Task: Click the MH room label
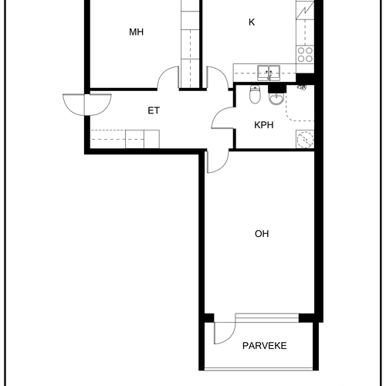[136, 32]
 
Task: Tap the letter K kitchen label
[252, 22]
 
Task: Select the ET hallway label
[154, 110]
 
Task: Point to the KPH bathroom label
[263, 125]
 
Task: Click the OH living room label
[262, 234]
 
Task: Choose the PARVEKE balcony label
[265, 346]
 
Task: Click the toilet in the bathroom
[255, 94]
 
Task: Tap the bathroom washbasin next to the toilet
[276, 99]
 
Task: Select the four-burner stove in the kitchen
[305, 55]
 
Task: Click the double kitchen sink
[269, 73]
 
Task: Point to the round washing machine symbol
[305, 139]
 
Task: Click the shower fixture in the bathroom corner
[302, 87]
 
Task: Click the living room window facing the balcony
[267, 317]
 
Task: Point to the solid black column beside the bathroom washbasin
[277, 89]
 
